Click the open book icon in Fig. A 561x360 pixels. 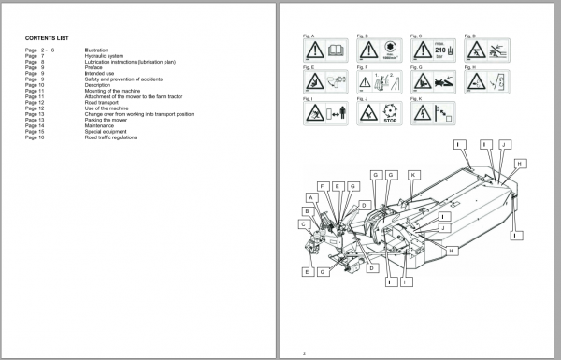tap(336, 50)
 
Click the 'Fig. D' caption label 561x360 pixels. tap(468, 35)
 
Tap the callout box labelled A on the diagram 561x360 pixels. tap(309, 197)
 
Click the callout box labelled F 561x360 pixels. tap(324, 187)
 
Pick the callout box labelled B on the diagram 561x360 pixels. tap(304, 211)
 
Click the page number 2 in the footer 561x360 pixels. tap(304, 352)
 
